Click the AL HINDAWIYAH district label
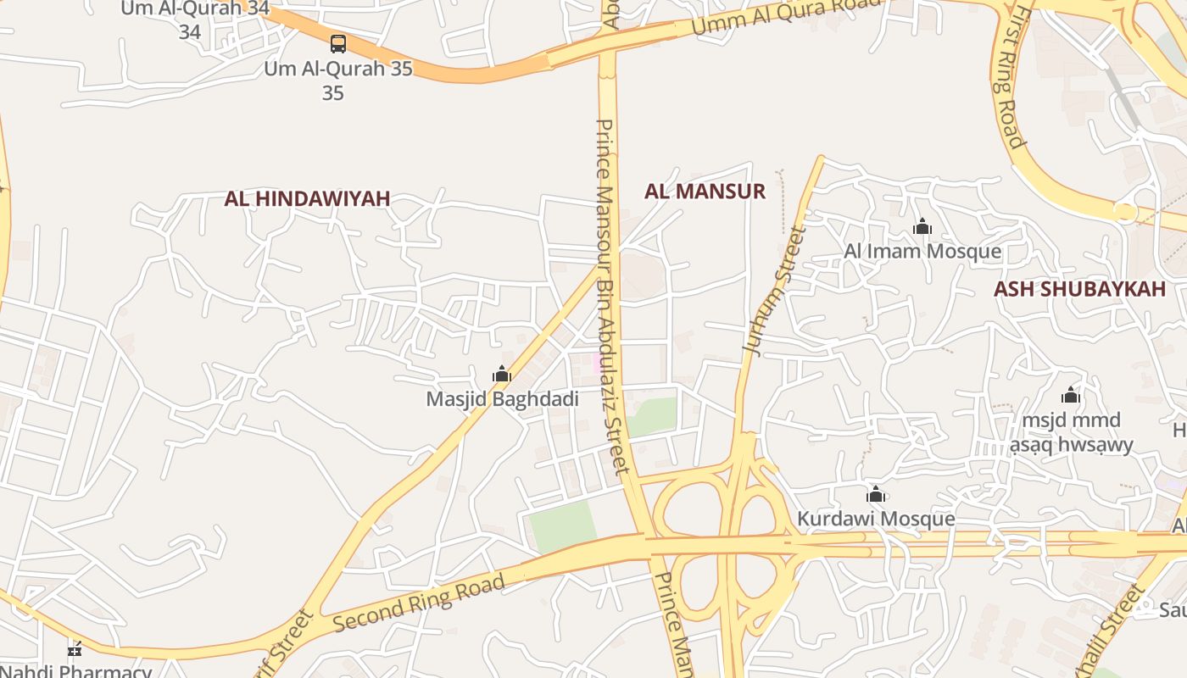[307, 198]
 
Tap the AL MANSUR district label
[705, 191]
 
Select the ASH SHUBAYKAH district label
[1079, 289]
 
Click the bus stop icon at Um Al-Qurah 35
[338, 44]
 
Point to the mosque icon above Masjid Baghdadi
[502, 374]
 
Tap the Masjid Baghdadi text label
[502, 398]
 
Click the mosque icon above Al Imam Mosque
[922, 226]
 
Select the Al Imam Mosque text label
[922, 252]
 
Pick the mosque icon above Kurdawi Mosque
[876, 494]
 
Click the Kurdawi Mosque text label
[876, 519]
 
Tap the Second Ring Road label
[419, 603]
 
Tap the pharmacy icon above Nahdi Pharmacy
[75, 650]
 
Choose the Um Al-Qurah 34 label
[194, 9]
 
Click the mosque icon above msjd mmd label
[1071, 395]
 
